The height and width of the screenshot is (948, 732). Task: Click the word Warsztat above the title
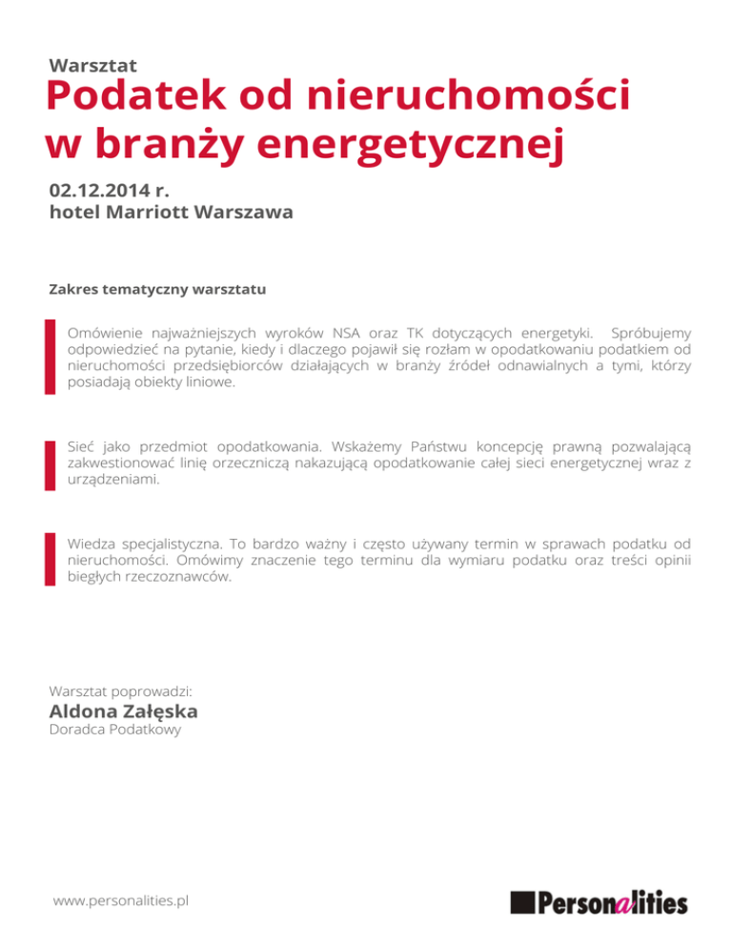[93, 65]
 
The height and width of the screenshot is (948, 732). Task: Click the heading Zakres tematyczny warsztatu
[156, 287]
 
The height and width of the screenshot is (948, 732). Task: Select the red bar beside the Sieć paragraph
[51, 464]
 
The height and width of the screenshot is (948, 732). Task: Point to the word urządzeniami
[113, 481]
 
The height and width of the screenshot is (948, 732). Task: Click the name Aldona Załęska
[123, 711]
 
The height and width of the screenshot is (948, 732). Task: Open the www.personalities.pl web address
[121, 900]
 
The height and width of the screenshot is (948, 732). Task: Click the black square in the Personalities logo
[522, 901]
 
